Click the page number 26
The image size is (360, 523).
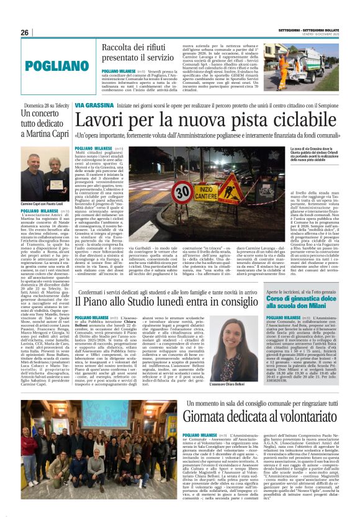(25, 32)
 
